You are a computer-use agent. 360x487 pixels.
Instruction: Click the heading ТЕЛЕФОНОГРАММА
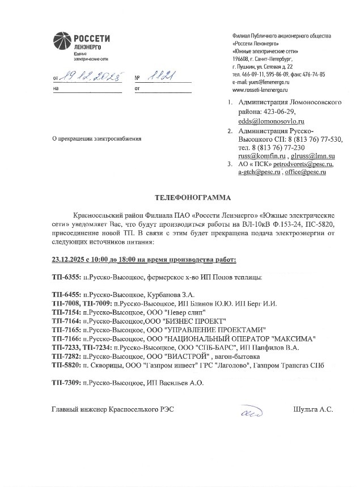(193, 198)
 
